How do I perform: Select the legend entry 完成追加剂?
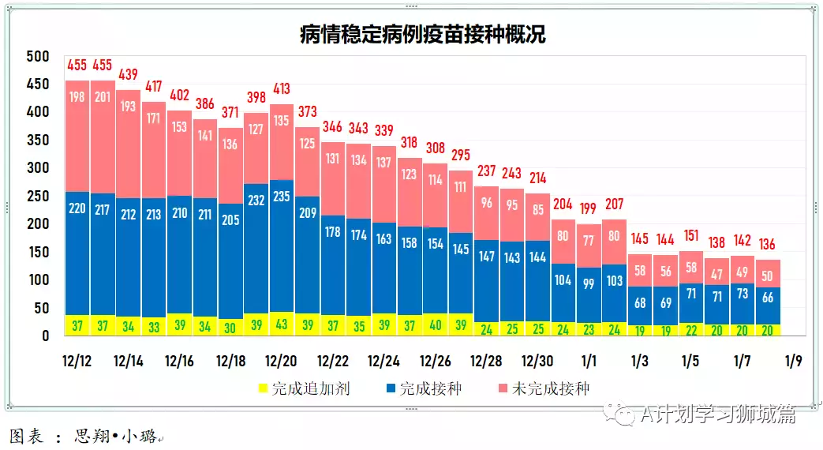click(303, 388)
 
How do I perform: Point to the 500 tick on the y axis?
click(37, 57)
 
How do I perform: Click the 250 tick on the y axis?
click(37, 196)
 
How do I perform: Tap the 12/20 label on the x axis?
click(281, 362)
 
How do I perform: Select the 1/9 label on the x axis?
click(792, 362)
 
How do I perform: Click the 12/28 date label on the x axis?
click(486, 362)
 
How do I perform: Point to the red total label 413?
click(282, 88)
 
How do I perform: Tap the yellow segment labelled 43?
click(282, 324)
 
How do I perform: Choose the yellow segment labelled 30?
click(230, 327)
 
